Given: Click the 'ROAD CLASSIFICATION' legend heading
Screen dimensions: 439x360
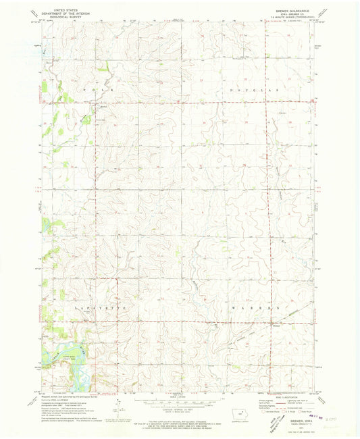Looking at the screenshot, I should [x=287, y=397].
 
